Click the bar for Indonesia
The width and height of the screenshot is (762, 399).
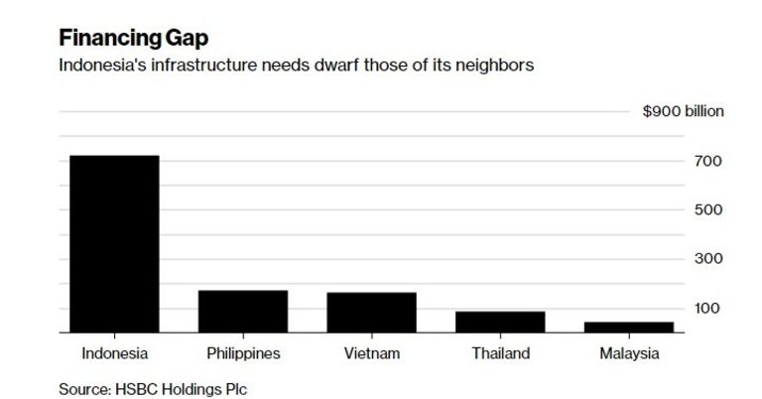[114, 243]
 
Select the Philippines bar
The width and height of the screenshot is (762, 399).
[243, 311]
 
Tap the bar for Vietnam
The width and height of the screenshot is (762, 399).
[371, 312]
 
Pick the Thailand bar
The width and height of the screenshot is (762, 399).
[500, 322]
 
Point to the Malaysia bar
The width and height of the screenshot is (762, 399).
[628, 327]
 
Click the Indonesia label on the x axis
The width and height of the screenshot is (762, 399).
[114, 353]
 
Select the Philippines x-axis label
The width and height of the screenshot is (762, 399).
[243, 353]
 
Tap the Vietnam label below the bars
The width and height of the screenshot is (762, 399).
[372, 353]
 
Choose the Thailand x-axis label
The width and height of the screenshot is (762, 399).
[500, 353]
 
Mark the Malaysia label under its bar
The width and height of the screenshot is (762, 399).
[628, 353]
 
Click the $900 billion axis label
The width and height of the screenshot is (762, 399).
[683, 111]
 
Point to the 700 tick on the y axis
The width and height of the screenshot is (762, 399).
[706, 161]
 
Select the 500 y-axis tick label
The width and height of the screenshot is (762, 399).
[706, 210]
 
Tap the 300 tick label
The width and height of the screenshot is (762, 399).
[706, 259]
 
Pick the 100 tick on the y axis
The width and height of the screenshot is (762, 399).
[706, 309]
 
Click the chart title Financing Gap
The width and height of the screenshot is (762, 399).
[134, 39]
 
